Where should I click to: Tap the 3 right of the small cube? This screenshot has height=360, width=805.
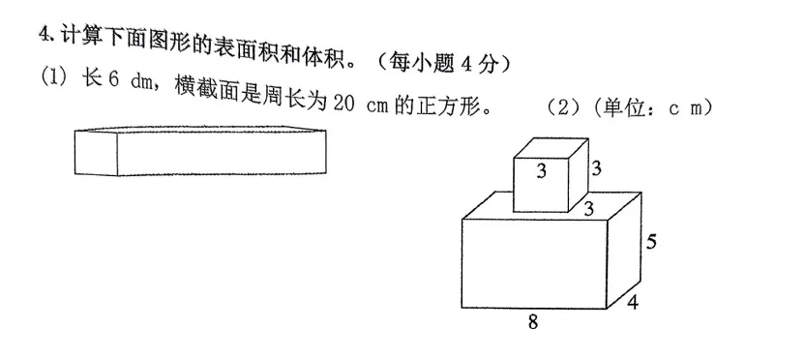tap(597, 168)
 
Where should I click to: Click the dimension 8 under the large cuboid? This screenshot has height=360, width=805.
tap(532, 323)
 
